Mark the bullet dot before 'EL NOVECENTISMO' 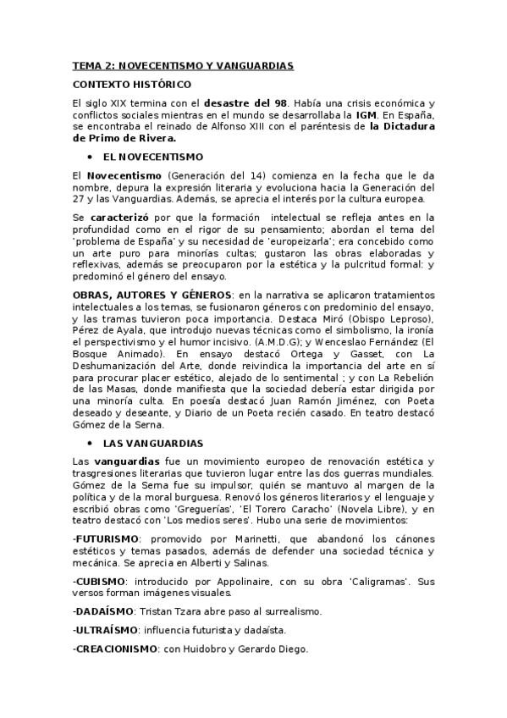point(89,157)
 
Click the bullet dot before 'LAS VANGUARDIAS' point(89,443)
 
